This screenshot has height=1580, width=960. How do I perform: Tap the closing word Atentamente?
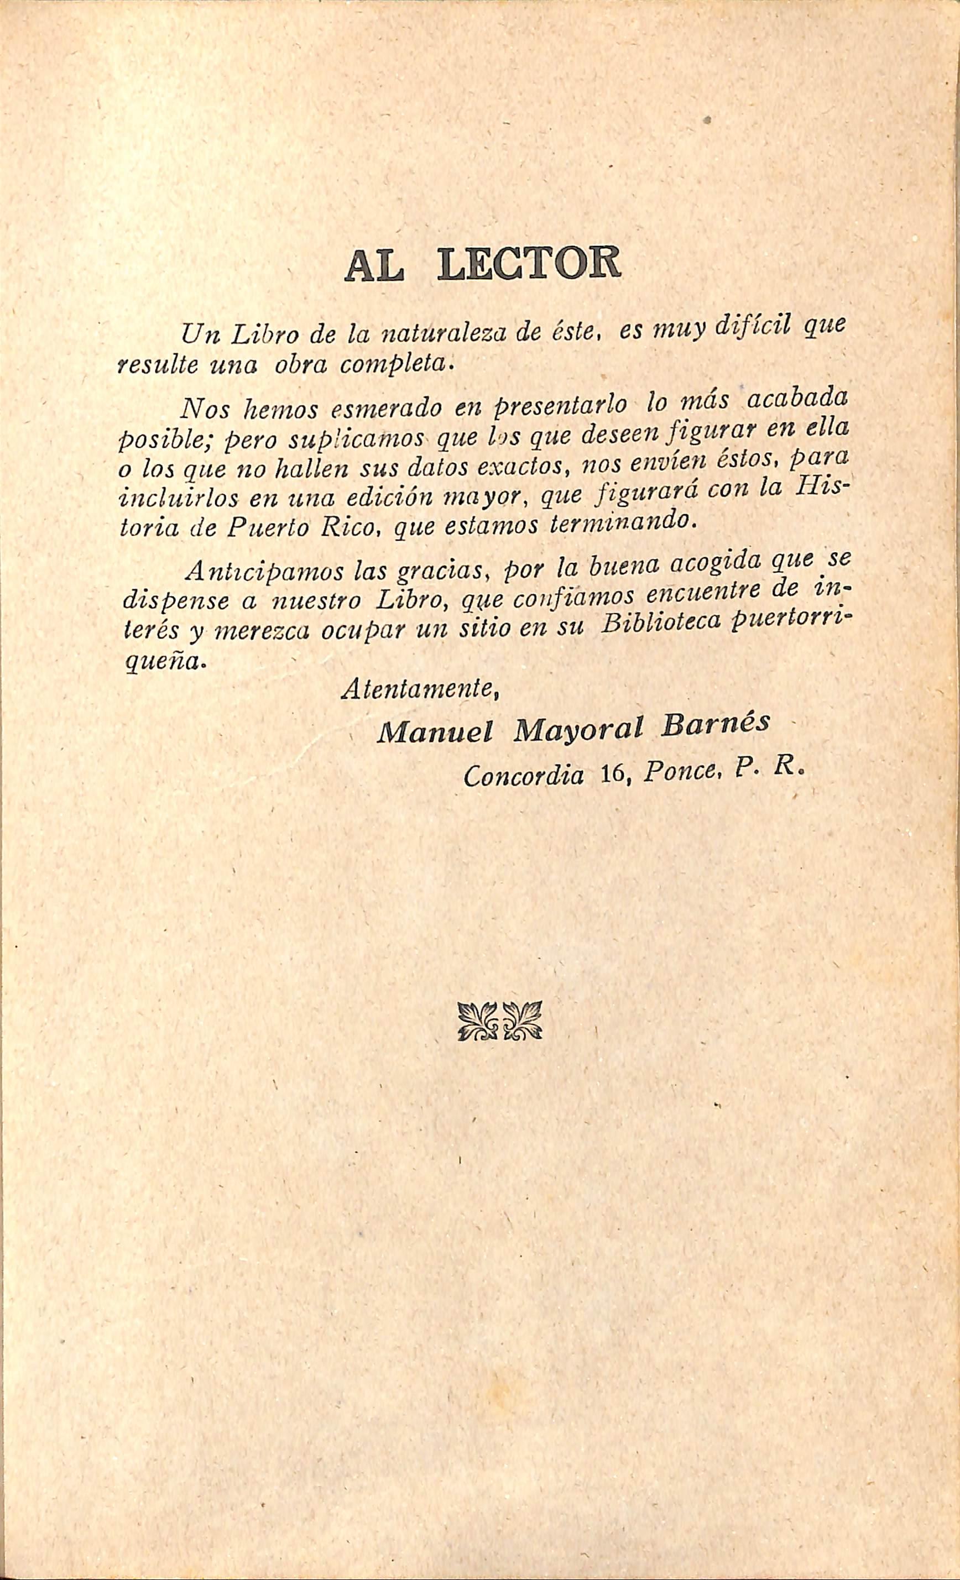pos(420,689)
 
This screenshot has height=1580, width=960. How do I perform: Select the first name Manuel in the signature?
pos(435,733)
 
